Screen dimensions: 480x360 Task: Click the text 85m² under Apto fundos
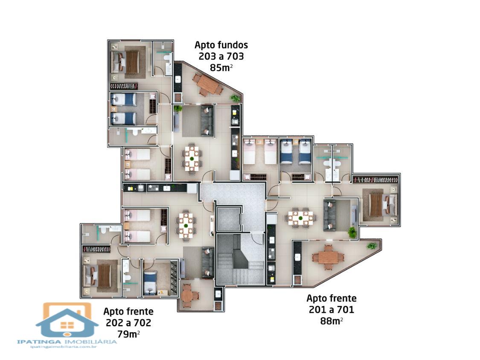tap(221, 67)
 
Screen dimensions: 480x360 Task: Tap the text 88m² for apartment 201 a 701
tap(331, 321)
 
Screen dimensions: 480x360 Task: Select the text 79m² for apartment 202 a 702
tap(128, 334)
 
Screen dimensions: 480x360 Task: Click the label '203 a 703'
tap(221, 56)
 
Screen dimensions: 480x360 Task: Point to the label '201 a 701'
tap(331, 310)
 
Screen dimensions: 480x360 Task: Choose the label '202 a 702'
tap(128, 322)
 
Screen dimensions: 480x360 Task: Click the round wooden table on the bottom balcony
tap(187, 296)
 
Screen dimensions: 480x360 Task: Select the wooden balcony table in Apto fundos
tap(207, 84)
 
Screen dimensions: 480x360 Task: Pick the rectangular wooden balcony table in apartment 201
tap(328, 258)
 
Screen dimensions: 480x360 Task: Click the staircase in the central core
tap(240, 260)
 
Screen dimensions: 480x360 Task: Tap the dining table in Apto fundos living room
tap(192, 159)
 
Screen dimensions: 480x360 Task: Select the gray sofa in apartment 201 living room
tap(330, 215)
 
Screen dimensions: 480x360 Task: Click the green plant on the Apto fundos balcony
tap(235, 98)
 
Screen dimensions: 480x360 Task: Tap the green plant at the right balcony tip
tap(372, 246)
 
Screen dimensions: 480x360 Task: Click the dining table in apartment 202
tap(186, 225)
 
